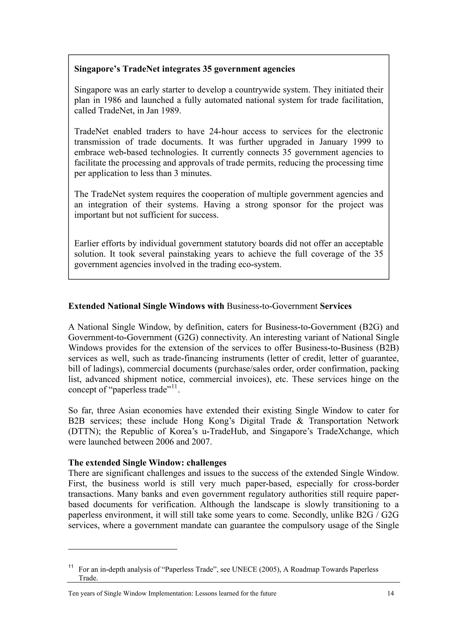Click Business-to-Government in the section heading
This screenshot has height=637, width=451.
(272, 306)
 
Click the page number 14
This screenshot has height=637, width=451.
(390, 593)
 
